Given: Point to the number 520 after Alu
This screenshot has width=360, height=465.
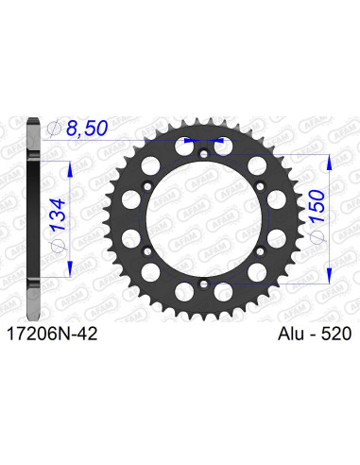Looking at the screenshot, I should tap(337, 334).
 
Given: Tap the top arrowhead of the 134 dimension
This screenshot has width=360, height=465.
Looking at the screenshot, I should tap(68, 155).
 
